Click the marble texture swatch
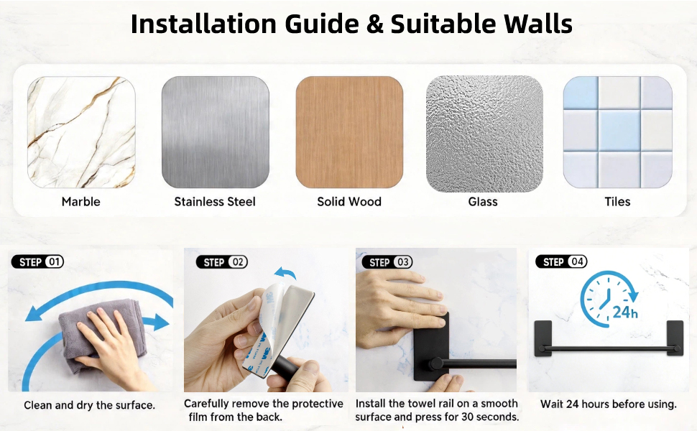tap(81, 132)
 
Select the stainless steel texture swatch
tap(215, 132)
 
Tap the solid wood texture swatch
tap(349, 132)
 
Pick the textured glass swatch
tap(484, 134)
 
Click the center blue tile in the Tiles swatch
tap(619, 131)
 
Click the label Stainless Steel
tap(215, 202)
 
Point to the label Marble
tap(81, 202)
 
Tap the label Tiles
tap(617, 202)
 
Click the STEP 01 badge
tap(37, 261)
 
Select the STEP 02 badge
tap(222, 262)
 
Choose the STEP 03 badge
tap(387, 262)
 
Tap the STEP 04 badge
tap(561, 261)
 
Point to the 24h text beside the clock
tap(625, 312)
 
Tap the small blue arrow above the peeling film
tap(285, 272)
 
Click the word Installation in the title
tap(203, 24)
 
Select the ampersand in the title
tap(375, 24)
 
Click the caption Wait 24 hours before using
tap(608, 404)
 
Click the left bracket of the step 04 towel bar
tap(543, 338)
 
